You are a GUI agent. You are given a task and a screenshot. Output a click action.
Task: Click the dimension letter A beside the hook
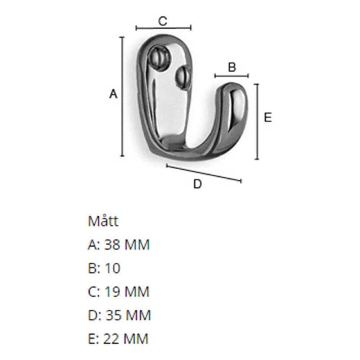tap(113, 94)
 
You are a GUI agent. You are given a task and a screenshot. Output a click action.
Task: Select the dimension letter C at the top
tap(163, 21)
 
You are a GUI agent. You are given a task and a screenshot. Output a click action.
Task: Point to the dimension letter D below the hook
tap(197, 184)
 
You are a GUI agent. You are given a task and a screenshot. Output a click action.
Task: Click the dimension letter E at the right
tap(267, 118)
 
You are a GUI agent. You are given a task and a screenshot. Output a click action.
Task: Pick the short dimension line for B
tap(231, 76)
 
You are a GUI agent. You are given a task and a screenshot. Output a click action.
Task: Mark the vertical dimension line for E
tap(257, 121)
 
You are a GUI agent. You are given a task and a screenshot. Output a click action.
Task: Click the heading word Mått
tap(103, 221)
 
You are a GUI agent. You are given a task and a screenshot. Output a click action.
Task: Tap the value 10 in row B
tap(112, 269)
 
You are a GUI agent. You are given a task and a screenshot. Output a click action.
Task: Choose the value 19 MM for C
tap(126, 292)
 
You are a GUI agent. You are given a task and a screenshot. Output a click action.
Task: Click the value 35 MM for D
tap(127, 315)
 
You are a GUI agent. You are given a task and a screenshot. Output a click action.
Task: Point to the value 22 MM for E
tap(126, 339)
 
